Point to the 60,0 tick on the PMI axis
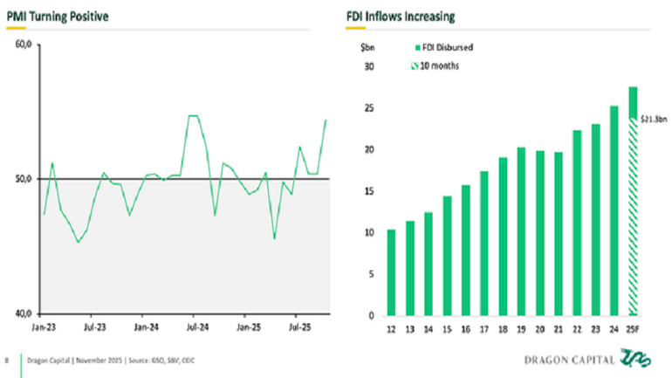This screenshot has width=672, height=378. click(x=24, y=45)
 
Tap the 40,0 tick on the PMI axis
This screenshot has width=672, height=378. click(x=24, y=313)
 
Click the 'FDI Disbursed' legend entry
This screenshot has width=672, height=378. click(x=447, y=49)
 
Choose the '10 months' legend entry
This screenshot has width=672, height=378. click(x=441, y=65)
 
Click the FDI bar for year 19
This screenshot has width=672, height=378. click(x=521, y=231)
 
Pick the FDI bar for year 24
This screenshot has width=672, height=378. click(x=614, y=210)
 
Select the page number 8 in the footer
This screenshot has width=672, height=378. click(x=8, y=359)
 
